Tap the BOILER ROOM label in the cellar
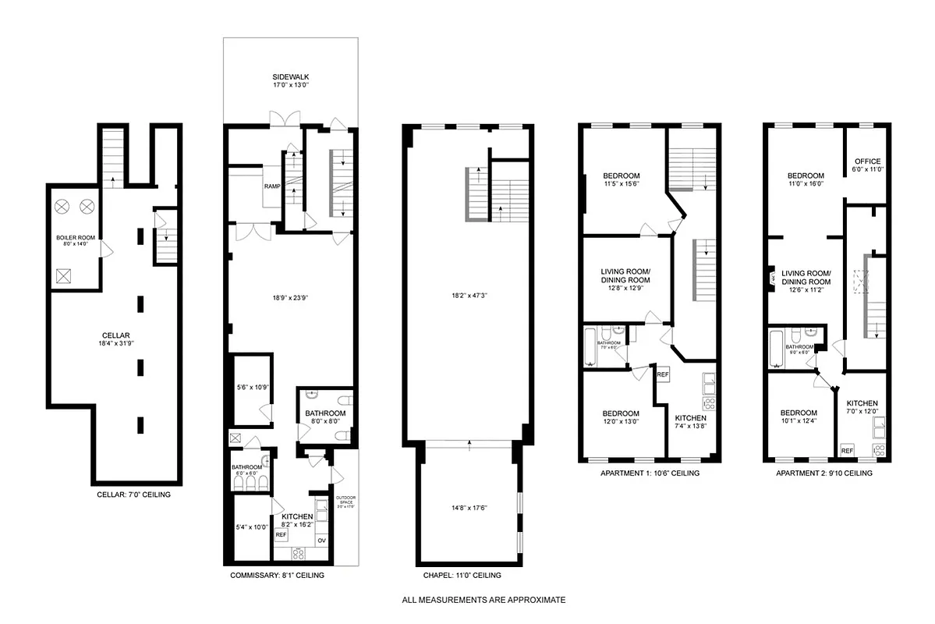click(75, 240)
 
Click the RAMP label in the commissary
click(272, 186)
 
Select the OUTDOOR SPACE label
click(345, 501)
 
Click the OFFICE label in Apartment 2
click(868, 165)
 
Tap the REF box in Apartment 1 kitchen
click(663, 375)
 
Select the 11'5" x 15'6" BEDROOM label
click(622, 179)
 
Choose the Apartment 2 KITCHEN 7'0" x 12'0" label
click(862, 407)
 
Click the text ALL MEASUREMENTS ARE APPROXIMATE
click(483, 601)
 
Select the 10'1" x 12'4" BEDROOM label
click(799, 417)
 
